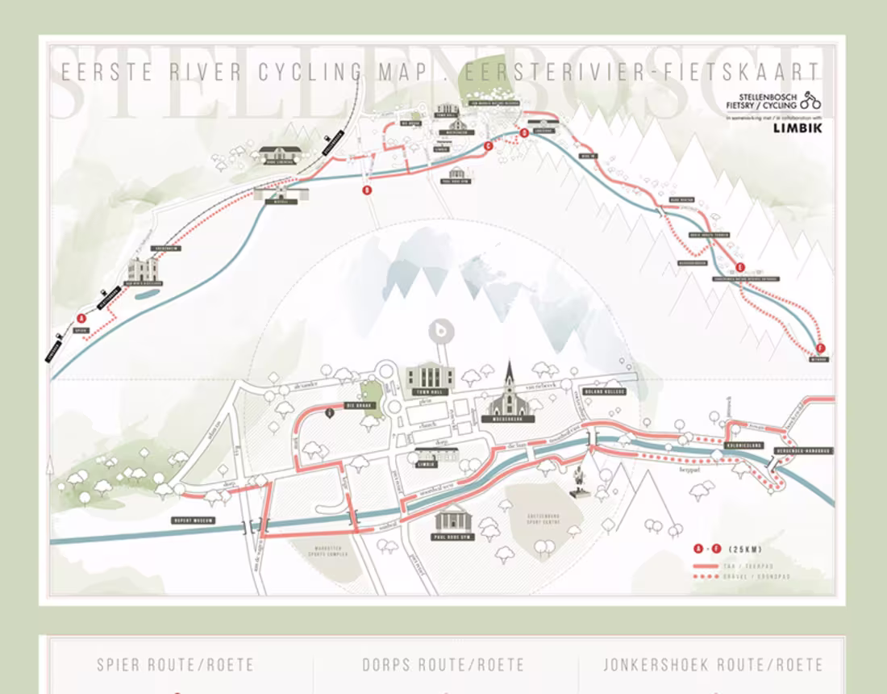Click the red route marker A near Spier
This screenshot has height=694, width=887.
click(81, 318)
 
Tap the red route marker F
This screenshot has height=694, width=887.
click(821, 349)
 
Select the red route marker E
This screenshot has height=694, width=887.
click(739, 267)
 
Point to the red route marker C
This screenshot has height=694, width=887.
click(489, 146)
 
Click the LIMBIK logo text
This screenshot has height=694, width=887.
click(797, 128)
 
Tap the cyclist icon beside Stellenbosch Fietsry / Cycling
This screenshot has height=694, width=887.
click(810, 100)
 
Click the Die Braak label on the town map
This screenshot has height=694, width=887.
click(356, 405)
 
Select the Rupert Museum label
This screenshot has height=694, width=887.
click(194, 520)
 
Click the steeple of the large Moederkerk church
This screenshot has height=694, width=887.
click(509, 373)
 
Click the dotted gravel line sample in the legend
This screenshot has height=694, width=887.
click(706, 576)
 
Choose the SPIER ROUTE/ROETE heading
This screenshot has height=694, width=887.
click(176, 666)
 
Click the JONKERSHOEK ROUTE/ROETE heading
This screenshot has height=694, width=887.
click(713, 666)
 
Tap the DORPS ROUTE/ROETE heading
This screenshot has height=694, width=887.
click(443, 666)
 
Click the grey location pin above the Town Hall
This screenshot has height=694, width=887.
click(441, 332)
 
